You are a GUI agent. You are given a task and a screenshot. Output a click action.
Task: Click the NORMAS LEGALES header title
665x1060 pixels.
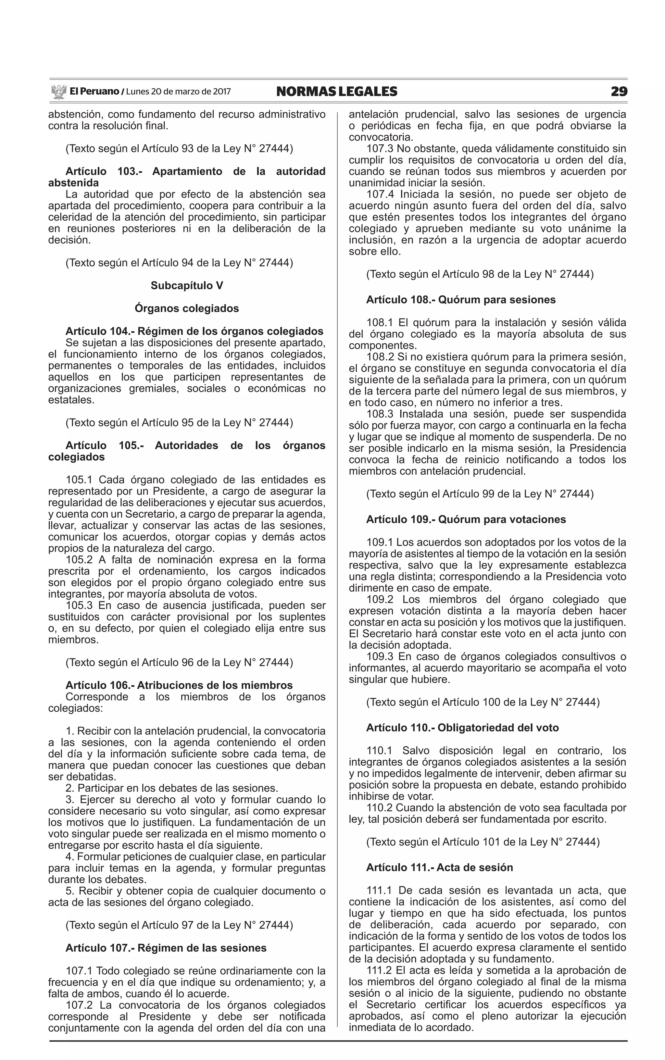336,92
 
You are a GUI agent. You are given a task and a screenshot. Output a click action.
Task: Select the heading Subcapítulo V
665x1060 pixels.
187,286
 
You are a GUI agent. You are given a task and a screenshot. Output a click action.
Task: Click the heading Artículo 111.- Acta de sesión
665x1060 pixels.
439,867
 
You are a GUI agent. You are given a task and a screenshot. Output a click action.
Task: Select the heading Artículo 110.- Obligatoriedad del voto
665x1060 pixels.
462,728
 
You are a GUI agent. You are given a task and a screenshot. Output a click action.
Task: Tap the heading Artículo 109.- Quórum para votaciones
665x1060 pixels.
466,520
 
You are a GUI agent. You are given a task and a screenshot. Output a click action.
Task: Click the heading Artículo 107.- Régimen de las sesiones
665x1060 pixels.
166,948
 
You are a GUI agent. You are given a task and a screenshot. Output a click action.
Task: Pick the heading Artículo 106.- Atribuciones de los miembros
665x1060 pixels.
179,685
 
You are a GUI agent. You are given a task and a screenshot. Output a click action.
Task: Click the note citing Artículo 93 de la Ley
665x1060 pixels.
179,149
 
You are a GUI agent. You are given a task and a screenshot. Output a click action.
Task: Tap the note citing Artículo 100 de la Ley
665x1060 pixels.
483,702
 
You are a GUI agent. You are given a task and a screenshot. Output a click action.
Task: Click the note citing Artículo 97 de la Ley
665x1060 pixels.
179,925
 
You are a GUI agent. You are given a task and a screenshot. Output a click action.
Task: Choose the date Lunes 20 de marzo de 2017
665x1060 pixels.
178,92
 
